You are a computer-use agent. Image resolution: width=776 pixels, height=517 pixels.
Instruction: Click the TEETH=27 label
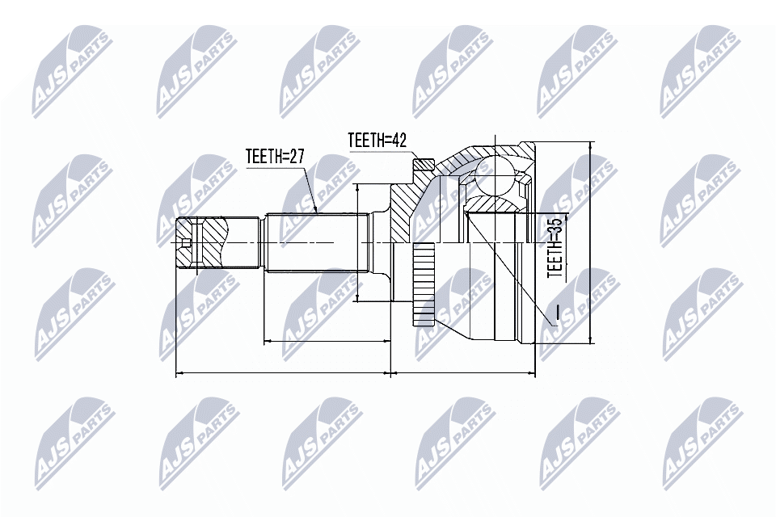(x=274, y=158)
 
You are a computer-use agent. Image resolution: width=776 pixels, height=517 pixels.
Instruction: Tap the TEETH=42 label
(x=377, y=140)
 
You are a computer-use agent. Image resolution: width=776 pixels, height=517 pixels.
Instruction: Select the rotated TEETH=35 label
(x=556, y=247)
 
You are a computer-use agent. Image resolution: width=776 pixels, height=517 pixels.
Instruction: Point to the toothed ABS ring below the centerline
(x=424, y=285)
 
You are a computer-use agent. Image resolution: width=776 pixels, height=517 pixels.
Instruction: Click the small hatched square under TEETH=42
(x=424, y=164)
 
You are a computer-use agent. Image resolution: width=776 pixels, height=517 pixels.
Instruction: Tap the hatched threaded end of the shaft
(x=204, y=243)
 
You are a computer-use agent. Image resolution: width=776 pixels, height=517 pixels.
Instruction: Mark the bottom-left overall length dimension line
(x=284, y=372)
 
